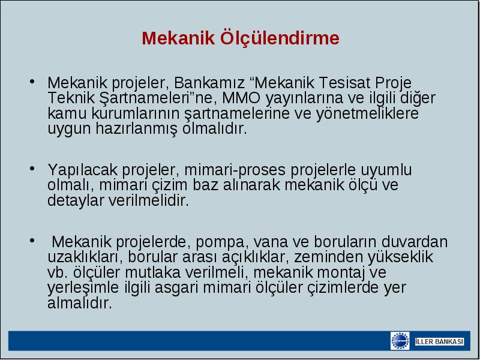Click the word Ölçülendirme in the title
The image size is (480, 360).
[280, 38]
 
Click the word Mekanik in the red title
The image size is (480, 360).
[178, 38]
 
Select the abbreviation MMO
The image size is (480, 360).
[241, 98]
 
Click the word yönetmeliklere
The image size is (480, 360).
[367, 114]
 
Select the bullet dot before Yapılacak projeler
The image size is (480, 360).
[32, 169]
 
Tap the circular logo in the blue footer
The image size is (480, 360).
[400, 341]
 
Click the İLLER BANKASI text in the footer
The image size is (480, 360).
[439, 341]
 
